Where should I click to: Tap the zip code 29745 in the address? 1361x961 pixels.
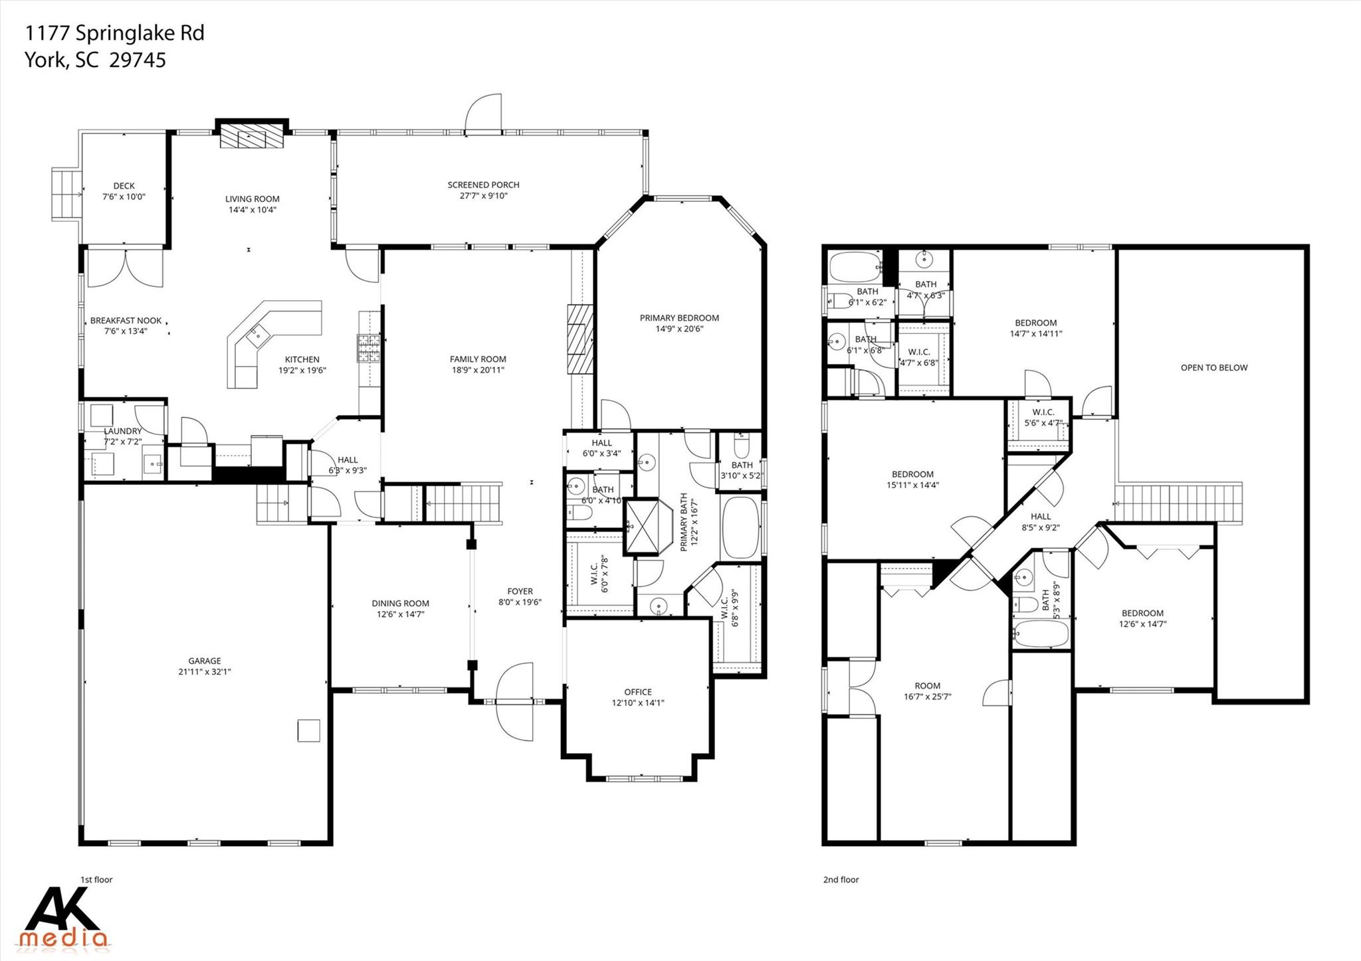click(137, 60)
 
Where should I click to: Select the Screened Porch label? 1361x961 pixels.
click(483, 185)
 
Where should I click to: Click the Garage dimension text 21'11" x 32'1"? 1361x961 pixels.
click(205, 671)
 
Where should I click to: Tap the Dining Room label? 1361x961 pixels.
click(400, 604)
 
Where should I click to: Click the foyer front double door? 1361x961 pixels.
click(514, 701)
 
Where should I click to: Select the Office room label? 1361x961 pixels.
click(638, 692)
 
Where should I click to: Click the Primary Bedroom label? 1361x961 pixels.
click(679, 318)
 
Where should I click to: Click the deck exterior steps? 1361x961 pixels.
click(65, 194)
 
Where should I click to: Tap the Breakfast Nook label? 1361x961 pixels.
click(126, 321)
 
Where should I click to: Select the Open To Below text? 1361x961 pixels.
click(1213, 367)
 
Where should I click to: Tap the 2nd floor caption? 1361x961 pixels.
click(841, 879)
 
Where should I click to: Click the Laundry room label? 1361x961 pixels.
click(123, 432)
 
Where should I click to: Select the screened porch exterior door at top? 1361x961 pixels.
click(483, 114)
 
